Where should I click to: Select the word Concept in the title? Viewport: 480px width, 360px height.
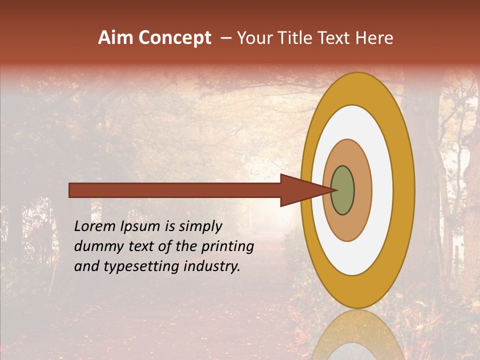(x=175, y=38)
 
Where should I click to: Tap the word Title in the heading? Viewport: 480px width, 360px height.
(x=298, y=38)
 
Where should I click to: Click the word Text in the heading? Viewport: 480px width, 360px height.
(x=336, y=38)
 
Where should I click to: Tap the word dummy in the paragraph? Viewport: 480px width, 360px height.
(x=95, y=246)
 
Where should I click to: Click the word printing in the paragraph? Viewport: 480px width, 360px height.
(x=227, y=246)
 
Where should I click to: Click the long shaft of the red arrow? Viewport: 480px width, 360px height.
(x=175, y=190)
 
